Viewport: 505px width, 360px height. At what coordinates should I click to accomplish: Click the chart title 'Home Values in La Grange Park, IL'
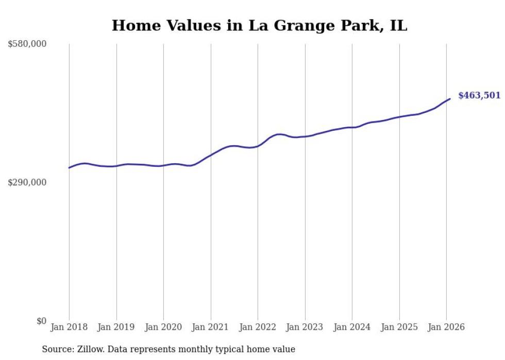click(x=259, y=25)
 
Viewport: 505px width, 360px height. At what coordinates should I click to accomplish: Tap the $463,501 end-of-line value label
click(x=479, y=95)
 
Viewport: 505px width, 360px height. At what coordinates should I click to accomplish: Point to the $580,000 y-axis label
click(x=27, y=44)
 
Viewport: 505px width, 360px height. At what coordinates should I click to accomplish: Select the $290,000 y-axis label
click(x=27, y=182)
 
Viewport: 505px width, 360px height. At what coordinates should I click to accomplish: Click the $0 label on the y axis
click(x=41, y=321)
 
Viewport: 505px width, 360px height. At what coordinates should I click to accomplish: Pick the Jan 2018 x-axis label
click(x=69, y=328)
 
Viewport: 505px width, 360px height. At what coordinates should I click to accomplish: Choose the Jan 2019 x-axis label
click(x=116, y=328)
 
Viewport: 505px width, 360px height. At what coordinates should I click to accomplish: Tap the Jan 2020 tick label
click(x=163, y=328)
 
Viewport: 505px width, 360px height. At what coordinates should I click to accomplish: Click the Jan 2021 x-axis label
click(x=211, y=328)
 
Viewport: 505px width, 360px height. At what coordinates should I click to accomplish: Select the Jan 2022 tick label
click(x=258, y=328)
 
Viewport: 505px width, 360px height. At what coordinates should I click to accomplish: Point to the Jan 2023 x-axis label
click(x=305, y=328)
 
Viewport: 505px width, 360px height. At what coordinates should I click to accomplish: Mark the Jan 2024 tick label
click(x=352, y=328)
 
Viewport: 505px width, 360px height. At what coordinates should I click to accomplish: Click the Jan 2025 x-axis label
click(x=399, y=328)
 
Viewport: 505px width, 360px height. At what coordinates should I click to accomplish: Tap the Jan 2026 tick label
click(x=446, y=328)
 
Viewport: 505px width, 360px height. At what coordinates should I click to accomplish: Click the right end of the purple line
click(x=450, y=99)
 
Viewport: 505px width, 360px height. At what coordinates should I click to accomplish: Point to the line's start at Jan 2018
click(x=69, y=167)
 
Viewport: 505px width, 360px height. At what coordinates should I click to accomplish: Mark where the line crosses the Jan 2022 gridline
click(x=258, y=146)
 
